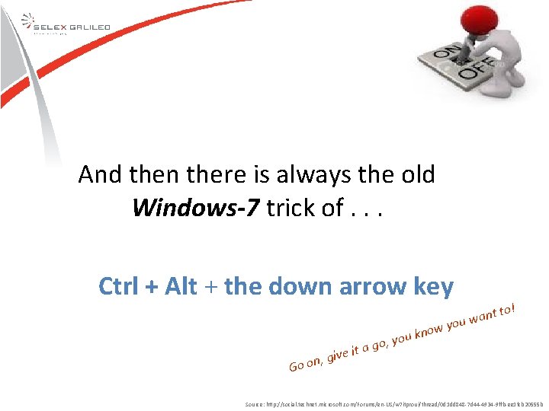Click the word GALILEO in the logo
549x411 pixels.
point(91,27)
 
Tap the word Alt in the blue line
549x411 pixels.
point(180,287)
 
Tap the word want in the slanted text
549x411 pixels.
point(484,315)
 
